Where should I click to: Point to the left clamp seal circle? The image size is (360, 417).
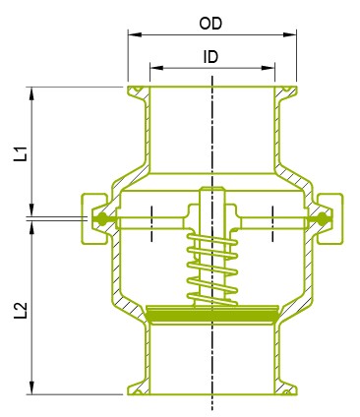pos(100,218)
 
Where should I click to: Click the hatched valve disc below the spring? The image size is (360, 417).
pos(210,315)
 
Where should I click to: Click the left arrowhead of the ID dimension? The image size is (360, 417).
pos(154,70)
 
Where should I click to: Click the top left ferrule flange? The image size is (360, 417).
pos(136,92)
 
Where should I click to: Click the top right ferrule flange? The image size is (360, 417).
pos(286,92)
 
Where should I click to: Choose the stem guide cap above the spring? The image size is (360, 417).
pos(210,197)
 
